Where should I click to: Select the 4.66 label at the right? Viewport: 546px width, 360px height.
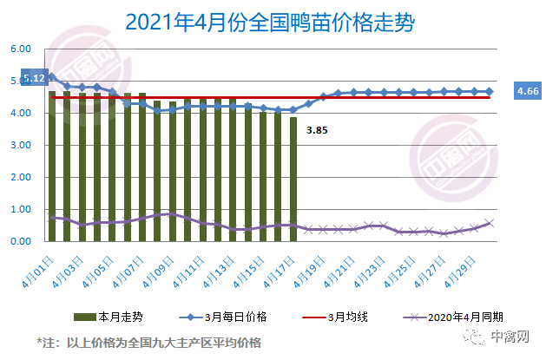[x=528, y=90]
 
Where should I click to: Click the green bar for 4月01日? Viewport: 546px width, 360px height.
[x=52, y=165]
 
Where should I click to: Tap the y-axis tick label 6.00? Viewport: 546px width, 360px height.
[x=20, y=49]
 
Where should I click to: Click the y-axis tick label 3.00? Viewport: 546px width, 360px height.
[x=20, y=146]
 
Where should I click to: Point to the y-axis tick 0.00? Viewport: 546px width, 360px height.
[x=20, y=241]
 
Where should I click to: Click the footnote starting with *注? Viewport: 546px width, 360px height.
[x=148, y=341]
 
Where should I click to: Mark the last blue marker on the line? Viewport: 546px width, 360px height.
[x=490, y=91]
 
